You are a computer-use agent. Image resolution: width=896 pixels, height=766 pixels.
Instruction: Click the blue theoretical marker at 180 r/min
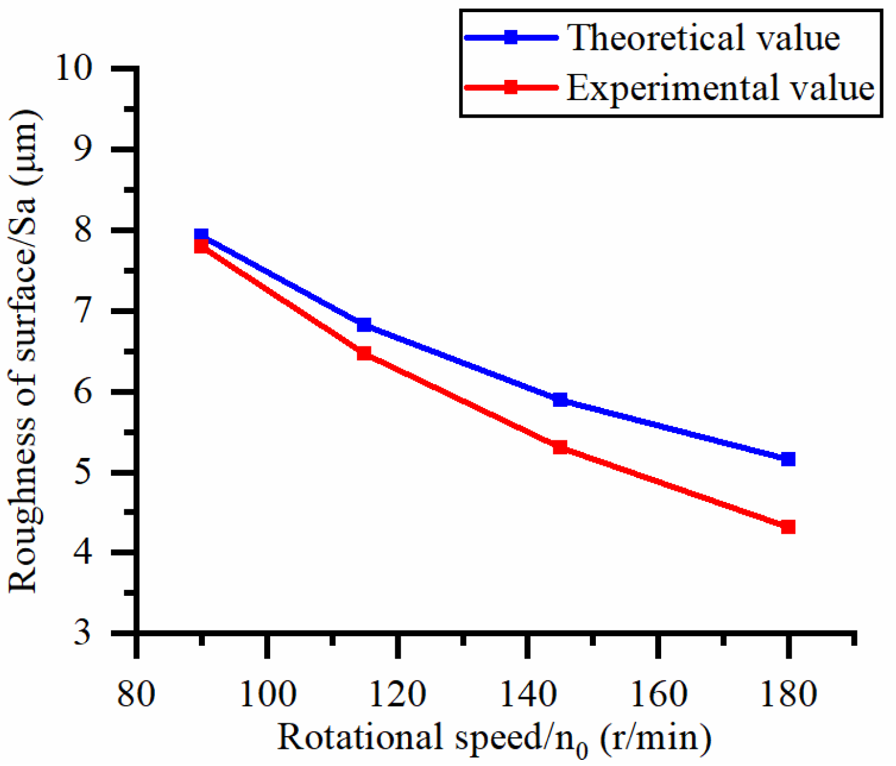(x=788, y=459)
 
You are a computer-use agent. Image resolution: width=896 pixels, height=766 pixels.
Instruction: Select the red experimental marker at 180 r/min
(x=788, y=526)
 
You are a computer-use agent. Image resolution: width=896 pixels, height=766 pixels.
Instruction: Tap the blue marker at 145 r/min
(x=560, y=400)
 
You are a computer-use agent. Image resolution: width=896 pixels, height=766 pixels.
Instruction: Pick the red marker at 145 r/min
(x=560, y=447)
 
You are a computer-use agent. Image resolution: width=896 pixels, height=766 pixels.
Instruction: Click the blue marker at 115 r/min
(x=364, y=324)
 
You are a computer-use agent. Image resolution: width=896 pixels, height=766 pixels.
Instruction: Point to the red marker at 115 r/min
(x=364, y=353)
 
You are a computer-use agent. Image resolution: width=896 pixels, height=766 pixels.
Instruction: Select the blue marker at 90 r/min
(x=201, y=235)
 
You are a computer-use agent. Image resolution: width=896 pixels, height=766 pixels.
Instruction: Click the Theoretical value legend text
(x=703, y=38)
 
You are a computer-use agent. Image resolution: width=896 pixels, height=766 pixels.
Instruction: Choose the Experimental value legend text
(x=720, y=88)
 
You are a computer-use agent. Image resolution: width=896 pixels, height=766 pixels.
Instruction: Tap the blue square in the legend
(x=511, y=38)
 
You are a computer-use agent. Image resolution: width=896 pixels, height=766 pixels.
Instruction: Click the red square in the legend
(x=511, y=87)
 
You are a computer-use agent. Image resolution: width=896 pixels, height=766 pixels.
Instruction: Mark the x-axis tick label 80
(x=136, y=695)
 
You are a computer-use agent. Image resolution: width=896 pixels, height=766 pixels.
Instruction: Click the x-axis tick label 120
(x=397, y=695)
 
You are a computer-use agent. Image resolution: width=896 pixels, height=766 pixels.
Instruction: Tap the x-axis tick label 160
(x=658, y=695)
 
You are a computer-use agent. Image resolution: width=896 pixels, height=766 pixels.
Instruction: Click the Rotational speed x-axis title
(x=494, y=739)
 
